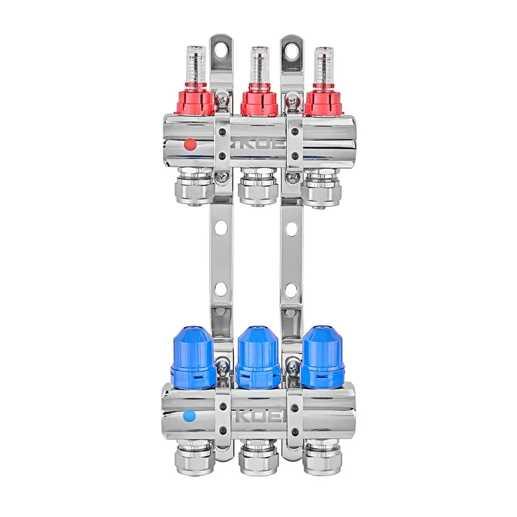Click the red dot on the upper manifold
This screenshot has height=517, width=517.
click(x=189, y=143)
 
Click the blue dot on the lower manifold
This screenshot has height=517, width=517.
click(x=189, y=417)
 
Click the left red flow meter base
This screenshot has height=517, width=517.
click(x=194, y=102)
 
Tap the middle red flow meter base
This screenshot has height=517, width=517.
click(x=258, y=102)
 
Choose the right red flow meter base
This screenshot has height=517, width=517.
click(x=322, y=102)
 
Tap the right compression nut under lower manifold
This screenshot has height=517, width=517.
click(x=323, y=460)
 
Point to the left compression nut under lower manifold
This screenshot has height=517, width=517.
click(x=194, y=460)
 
